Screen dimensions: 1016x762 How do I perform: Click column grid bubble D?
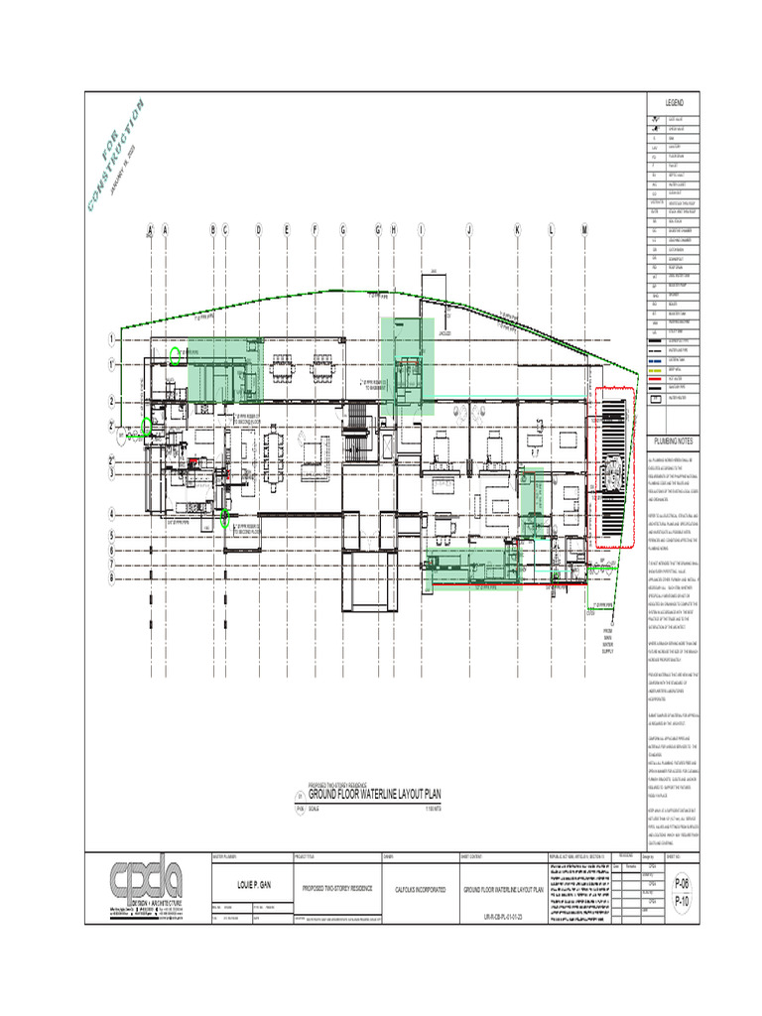(258, 229)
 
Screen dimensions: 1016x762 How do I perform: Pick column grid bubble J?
(468, 229)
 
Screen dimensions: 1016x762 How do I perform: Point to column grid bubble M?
(584, 229)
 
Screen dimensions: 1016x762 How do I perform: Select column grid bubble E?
(287, 229)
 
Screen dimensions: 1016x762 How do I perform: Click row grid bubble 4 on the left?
(111, 514)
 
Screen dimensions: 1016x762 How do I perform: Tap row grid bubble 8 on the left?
(111, 576)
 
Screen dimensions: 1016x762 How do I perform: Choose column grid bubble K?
(517, 229)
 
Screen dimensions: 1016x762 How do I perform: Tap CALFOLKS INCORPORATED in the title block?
(413, 891)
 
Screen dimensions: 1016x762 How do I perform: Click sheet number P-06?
(681, 882)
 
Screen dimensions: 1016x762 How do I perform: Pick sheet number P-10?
(681, 902)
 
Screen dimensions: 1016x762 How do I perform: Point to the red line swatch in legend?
(655, 378)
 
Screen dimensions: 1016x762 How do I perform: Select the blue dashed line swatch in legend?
(655, 359)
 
